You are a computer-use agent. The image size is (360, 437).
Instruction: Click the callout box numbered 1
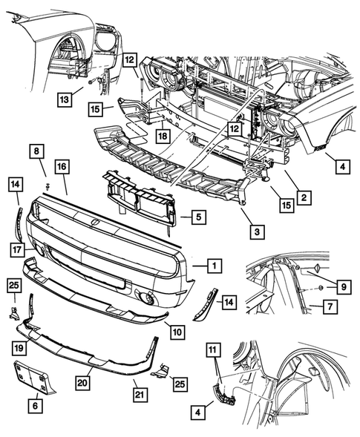[215, 266]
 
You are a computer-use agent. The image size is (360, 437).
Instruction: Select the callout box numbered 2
[304, 197]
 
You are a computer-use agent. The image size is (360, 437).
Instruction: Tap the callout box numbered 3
[257, 231]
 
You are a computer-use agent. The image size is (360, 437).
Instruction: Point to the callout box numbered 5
[199, 217]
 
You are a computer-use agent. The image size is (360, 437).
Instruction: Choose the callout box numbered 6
[35, 406]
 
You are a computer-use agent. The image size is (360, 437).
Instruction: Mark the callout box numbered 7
[330, 306]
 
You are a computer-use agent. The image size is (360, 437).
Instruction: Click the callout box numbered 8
[37, 151]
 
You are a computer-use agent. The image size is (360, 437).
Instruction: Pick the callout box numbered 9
[344, 287]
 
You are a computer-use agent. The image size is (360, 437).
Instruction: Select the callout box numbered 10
[177, 332]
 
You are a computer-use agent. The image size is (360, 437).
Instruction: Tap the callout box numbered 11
[213, 350]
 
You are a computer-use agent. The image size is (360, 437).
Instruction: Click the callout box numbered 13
[65, 99]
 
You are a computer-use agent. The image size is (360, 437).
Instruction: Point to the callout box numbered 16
[62, 166]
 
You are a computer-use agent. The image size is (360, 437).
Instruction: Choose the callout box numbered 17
[17, 249]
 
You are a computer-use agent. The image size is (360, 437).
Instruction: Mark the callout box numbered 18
[163, 136]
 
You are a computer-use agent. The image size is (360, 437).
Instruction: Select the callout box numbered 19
[19, 348]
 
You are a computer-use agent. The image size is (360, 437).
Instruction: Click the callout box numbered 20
[82, 383]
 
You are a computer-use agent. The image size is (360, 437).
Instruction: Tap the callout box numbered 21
[140, 395]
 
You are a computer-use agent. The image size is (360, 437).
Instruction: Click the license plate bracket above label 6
[34, 378]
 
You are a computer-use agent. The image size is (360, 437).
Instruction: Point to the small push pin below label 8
[48, 186]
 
